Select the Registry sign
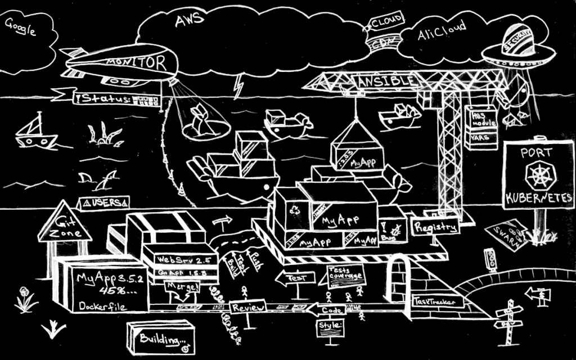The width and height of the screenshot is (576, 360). [436, 227]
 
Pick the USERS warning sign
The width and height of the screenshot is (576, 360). [105, 201]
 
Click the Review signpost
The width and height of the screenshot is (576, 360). [247, 307]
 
